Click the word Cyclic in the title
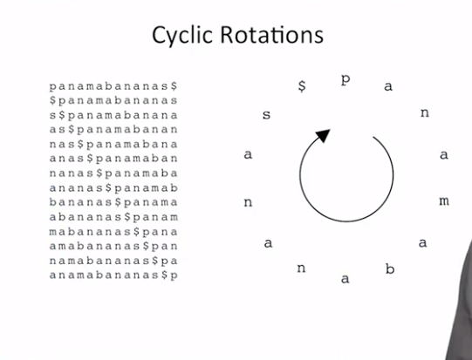click(182, 36)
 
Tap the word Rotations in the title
click(272, 35)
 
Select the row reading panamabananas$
click(113, 86)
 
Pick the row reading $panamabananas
click(113, 100)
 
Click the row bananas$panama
click(113, 202)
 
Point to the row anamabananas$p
click(113, 275)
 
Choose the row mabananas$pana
click(113, 232)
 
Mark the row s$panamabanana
click(113, 115)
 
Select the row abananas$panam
click(113, 217)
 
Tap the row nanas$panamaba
click(113, 173)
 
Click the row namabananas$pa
click(113, 261)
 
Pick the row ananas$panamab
click(113, 188)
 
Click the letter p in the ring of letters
click(345, 80)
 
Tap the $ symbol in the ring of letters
click(302, 86)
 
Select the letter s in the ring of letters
click(266, 114)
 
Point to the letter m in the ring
click(444, 200)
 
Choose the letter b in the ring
click(390, 268)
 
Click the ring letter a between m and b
click(422, 242)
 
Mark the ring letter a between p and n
click(388, 86)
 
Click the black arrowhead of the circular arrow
click(324, 135)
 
